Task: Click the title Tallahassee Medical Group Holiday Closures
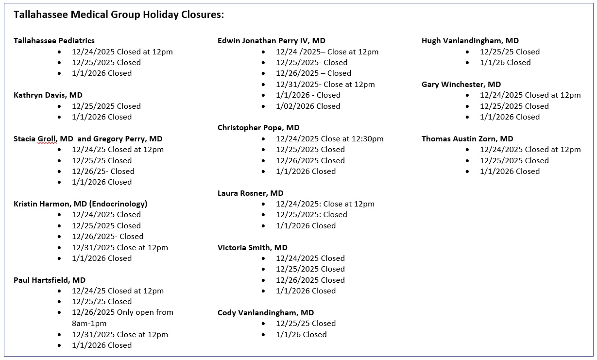coord(119,15)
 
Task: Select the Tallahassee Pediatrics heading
coord(54,41)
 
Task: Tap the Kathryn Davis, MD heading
coord(48,95)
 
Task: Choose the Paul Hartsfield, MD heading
coord(50,280)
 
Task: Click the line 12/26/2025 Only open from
coord(122,312)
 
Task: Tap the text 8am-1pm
coord(89,324)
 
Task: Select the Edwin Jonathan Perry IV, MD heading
coord(271,41)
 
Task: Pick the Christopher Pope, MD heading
coord(258,128)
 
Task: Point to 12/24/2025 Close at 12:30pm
coord(329,139)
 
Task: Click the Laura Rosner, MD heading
coord(250,193)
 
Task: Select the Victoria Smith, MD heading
coord(252,248)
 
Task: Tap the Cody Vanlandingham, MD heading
coord(266,313)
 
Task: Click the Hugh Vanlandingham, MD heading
coord(470,41)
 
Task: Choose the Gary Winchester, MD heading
coord(461,85)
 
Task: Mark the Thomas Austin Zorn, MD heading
coord(467,139)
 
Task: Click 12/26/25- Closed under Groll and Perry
coord(103,171)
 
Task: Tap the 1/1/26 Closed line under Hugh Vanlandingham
coord(505,63)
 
